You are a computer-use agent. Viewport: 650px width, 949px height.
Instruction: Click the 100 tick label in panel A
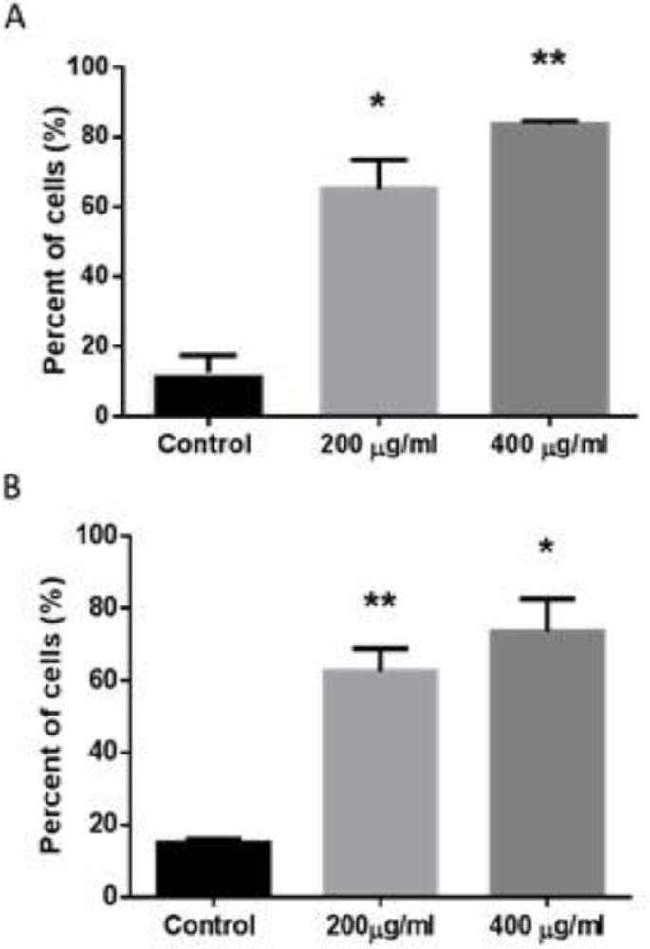(x=88, y=67)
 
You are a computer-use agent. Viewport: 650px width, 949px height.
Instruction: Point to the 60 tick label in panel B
(x=94, y=680)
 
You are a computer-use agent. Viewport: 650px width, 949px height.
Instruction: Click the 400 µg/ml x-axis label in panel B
(x=549, y=924)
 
